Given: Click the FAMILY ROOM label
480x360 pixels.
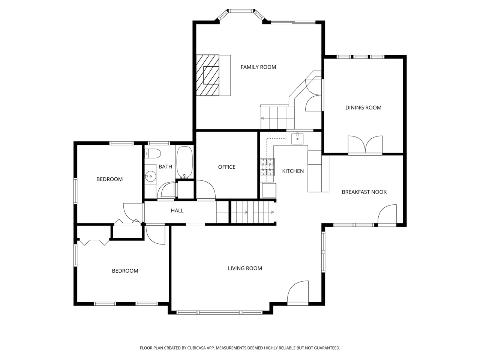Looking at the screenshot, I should coord(258,67).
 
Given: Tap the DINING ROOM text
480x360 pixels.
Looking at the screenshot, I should coord(363,108).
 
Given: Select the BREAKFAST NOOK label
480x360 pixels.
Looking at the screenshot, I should coord(364,192).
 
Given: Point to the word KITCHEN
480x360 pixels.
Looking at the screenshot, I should coord(293,171).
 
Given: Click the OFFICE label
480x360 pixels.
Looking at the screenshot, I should coord(226,167).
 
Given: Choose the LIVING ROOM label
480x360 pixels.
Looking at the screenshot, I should coord(245,268).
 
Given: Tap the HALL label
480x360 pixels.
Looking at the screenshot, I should coord(177,211).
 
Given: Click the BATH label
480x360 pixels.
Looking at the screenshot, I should coord(165,166).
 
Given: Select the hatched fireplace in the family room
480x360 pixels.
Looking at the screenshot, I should coord(208,75).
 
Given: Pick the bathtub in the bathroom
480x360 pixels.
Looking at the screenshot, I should coord(184,162).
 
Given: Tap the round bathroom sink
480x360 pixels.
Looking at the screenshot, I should coord(151,175).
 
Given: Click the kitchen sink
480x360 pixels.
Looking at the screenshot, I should coord(298,138).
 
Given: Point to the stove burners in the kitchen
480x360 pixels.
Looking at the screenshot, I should coord(267,167).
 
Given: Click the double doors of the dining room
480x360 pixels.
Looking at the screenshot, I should coord(365,145).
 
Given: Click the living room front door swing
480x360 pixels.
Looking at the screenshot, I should coord(298,292).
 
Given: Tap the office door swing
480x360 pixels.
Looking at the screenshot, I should coord(206,190).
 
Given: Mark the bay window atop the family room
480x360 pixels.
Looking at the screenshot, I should coord(241,11).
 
